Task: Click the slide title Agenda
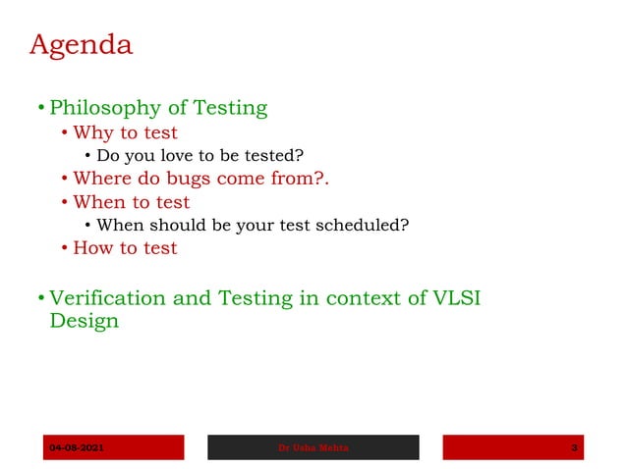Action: click(x=81, y=45)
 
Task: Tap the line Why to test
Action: click(x=125, y=132)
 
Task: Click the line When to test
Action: click(x=131, y=202)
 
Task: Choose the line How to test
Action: click(x=125, y=248)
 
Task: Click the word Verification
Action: click(x=108, y=299)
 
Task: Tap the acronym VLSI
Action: click(x=456, y=299)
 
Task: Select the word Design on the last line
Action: click(x=84, y=322)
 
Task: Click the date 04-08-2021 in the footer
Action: click(x=77, y=448)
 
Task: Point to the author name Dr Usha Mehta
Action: click(x=313, y=448)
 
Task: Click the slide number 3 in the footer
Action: click(x=574, y=448)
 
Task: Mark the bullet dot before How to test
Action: click(x=65, y=249)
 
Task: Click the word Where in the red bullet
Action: click(x=100, y=179)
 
